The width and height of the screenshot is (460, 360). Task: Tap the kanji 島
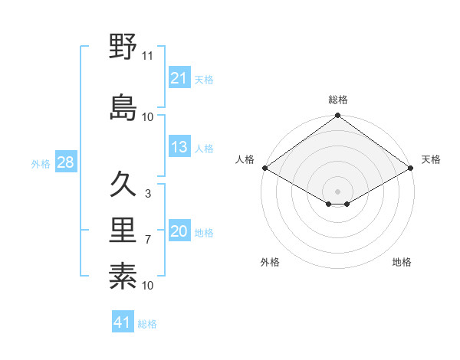point(123,106)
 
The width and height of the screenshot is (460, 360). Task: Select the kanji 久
point(123,185)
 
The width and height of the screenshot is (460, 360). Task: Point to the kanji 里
point(123,231)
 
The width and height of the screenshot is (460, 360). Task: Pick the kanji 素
point(123,277)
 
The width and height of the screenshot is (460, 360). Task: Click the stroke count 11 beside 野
point(148,56)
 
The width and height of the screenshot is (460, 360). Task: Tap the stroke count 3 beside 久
point(148,194)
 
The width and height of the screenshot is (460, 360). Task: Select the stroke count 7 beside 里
point(148,240)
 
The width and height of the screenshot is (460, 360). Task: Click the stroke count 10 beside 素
point(148,286)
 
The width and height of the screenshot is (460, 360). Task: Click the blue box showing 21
point(179,77)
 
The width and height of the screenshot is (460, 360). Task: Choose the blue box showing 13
point(179,147)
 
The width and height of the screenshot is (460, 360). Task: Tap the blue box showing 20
point(179,231)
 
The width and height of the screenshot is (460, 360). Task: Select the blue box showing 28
point(66,162)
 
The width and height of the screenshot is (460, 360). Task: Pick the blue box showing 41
point(123,322)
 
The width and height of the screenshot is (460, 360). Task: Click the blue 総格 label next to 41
point(147,324)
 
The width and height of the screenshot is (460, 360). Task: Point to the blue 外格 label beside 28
point(41,164)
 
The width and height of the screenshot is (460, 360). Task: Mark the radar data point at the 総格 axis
point(337,116)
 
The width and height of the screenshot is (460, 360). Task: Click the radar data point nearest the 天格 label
point(411,168)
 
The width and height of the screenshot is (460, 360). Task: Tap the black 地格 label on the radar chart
point(402,263)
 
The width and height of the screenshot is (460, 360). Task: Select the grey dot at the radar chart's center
point(337,190)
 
